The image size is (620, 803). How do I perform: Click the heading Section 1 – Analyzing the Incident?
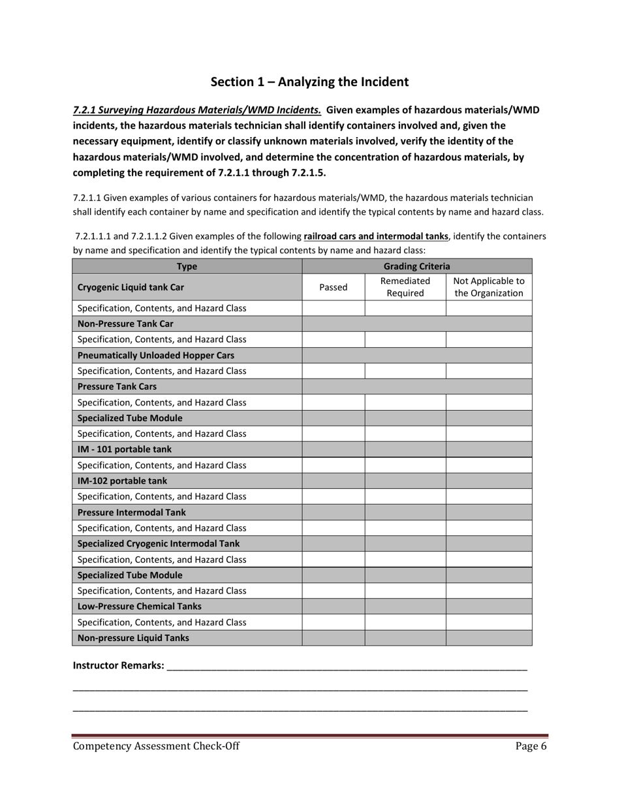coord(309,82)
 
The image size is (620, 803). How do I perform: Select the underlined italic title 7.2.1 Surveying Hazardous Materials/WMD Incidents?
coord(196,110)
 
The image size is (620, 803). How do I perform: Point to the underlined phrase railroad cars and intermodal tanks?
coord(376,236)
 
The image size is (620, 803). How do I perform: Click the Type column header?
coord(187,266)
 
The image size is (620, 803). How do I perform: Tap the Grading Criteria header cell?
coord(416,266)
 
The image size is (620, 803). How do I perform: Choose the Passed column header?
coord(333,287)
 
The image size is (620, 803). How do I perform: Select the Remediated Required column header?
coord(405,287)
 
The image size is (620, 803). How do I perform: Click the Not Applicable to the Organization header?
coord(488,287)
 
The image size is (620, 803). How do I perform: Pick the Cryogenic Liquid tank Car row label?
coord(131,287)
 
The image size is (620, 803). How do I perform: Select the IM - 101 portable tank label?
coord(125,449)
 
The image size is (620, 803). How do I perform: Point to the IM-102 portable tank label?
coord(122,481)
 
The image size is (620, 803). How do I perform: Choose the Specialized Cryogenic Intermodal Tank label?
coord(158,544)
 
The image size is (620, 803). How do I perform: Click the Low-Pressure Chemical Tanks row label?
coord(139,606)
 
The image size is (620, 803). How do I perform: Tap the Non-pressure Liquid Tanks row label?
coord(133,638)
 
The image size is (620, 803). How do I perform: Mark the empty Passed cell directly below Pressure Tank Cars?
coord(333,402)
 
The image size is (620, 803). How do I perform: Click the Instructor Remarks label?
coord(118,665)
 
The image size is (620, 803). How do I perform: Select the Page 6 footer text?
coord(531,746)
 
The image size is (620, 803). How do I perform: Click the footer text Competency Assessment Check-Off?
coord(156,746)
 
